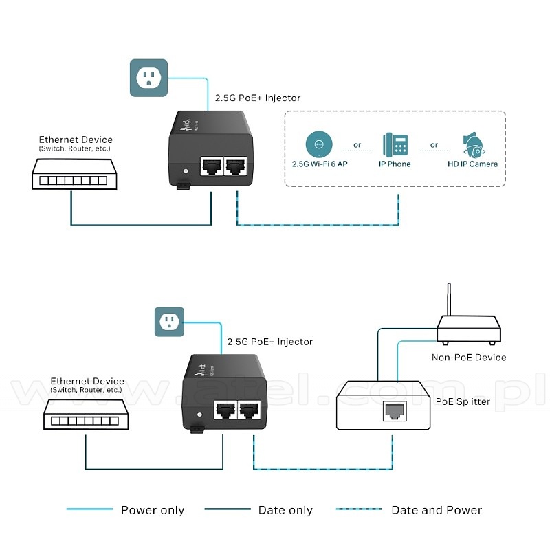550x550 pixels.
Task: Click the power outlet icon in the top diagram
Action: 148,78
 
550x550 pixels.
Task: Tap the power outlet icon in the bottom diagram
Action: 169,321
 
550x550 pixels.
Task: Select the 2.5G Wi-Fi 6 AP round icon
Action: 318,144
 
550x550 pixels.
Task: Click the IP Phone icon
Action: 395,144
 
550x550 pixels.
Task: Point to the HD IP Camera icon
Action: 474,144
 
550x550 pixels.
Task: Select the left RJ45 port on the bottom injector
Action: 225,410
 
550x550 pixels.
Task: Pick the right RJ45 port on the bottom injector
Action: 249,410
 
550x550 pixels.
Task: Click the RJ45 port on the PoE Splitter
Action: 394,411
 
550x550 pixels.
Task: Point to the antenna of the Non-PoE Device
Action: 450,300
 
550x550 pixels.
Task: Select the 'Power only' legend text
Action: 153,510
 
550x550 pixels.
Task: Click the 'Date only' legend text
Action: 285,510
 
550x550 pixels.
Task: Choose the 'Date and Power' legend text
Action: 437,510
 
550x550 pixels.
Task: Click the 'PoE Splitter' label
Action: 463,401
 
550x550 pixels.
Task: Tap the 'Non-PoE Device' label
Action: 469,357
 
